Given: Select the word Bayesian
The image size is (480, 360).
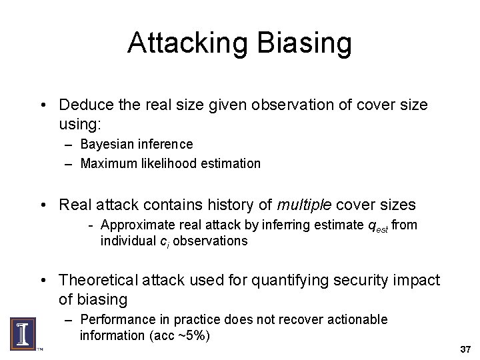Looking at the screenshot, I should (x=107, y=144).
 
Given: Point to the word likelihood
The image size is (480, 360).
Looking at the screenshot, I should (x=166, y=163).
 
